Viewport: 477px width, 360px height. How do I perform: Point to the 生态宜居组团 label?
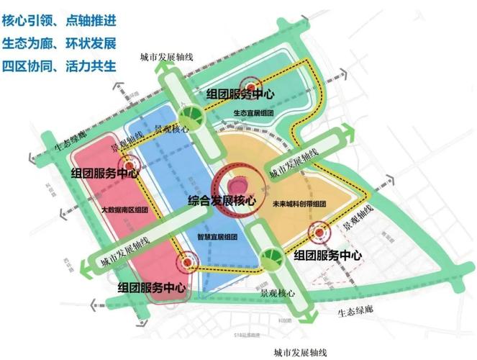tap(253, 113)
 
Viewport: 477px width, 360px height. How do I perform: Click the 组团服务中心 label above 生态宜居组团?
tap(239, 94)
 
